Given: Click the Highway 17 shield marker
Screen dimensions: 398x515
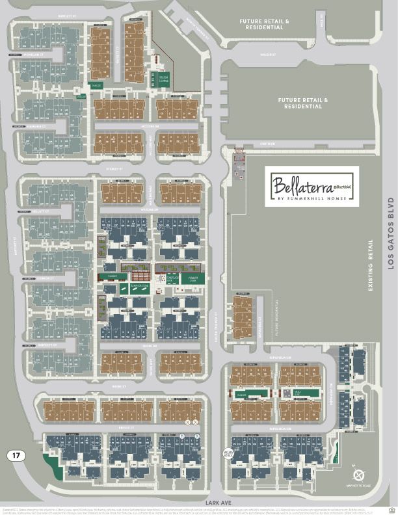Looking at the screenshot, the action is point(17,455).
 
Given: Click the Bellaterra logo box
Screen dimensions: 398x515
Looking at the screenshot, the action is point(312,186).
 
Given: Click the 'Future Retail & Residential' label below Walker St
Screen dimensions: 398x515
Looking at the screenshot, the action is point(300,103).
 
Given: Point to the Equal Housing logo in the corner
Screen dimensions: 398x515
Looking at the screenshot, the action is point(391,509).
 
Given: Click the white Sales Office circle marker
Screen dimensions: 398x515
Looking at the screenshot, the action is point(228,453).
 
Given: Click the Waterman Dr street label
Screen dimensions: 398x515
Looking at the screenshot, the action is point(150,210).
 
